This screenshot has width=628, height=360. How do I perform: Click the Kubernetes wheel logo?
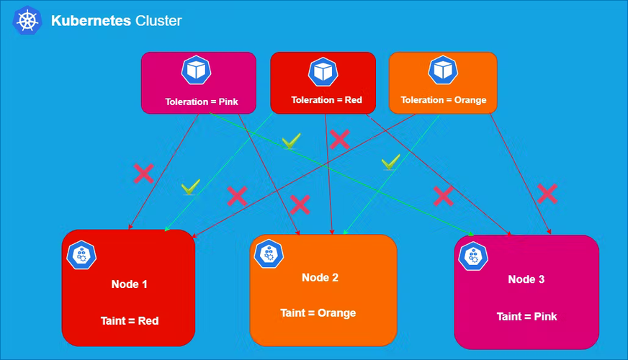(27, 21)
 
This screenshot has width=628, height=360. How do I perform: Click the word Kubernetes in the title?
(91, 21)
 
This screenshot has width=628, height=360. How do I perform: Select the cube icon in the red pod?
(323, 71)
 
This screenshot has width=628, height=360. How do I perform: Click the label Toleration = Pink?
(202, 102)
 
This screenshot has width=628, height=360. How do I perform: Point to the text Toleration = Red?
(326, 100)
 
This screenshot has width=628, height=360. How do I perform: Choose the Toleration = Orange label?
(444, 100)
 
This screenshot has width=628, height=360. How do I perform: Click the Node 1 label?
(130, 284)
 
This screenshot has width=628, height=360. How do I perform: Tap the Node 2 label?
(320, 277)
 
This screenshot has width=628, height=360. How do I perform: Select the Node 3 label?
(526, 279)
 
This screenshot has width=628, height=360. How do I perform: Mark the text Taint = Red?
(129, 321)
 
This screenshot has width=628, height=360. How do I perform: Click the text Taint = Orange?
(318, 313)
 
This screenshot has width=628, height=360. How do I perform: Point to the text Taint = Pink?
(526, 317)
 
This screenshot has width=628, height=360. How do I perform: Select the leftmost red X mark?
(143, 173)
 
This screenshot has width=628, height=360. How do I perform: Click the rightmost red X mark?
(547, 193)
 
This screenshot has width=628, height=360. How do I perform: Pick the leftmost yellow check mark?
(190, 188)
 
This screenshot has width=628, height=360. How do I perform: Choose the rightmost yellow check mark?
(390, 163)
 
